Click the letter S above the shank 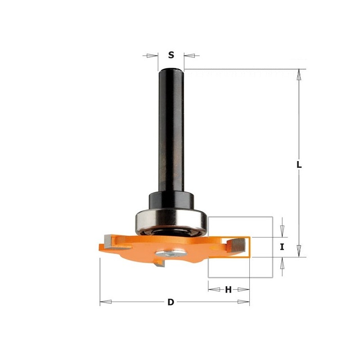(x=171, y=55)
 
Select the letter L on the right (x=299, y=165)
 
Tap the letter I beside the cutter (x=282, y=247)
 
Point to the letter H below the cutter (x=228, y=290)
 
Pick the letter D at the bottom (x=171, y=302)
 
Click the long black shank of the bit (x=171, y=130)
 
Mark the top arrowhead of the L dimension (x=299, y=73)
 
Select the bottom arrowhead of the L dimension (x=299, y=253)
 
